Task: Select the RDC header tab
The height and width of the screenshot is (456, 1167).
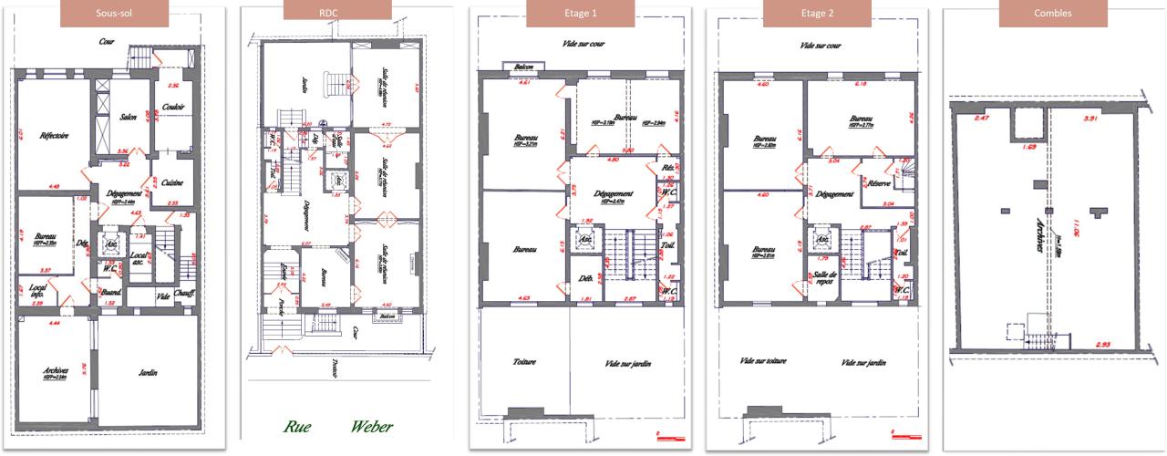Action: tap(338, 14)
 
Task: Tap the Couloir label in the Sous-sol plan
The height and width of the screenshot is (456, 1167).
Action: tap(173, 107)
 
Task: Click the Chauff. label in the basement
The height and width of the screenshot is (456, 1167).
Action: tap(189, 294)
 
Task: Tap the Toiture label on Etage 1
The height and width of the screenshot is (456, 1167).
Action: tap(523, 362)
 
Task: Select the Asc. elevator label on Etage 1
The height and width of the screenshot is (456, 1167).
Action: tap(584, 241)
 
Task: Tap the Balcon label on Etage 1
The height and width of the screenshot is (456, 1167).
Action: tap(523, 67)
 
